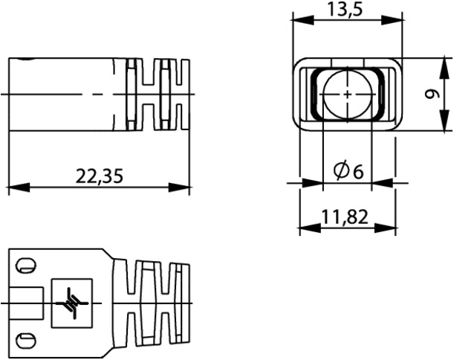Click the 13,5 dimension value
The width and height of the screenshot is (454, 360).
click(x=345, y=9)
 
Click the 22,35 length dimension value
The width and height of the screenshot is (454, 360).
click(x=100, y=176)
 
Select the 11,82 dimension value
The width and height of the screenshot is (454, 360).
click(x=345, y=217)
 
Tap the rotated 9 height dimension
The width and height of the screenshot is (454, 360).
click(x=432, y=94)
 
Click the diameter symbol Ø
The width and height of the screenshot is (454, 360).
click(x=341, y=171)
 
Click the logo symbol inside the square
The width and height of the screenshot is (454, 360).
click(x=72, y=303)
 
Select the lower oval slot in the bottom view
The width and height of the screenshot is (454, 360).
click(x=26, y=341)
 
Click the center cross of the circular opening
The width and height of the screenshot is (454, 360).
click(x=347, y=94)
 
